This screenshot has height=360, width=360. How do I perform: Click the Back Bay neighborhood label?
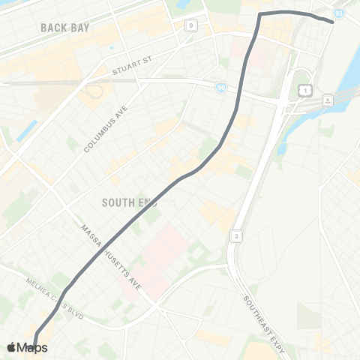click(x=65, y=27)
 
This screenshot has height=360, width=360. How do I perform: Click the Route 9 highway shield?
click(x=190, y=26)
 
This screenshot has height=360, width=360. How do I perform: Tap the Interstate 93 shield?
click(x=339, y=13)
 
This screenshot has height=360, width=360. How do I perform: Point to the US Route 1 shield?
click(x=305, y=90)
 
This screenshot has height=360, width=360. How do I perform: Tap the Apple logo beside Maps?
click(x=11, y=347)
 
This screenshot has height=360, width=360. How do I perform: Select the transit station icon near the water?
click(x=328, y=100)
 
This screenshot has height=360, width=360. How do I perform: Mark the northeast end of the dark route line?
click(x=331, y=20)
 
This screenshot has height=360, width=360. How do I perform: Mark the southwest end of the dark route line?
click(x=35, y=346)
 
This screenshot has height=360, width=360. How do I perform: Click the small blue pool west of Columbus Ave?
click(x=25, y=130)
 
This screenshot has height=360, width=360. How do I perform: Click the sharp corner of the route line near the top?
click(x=260, y=14)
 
